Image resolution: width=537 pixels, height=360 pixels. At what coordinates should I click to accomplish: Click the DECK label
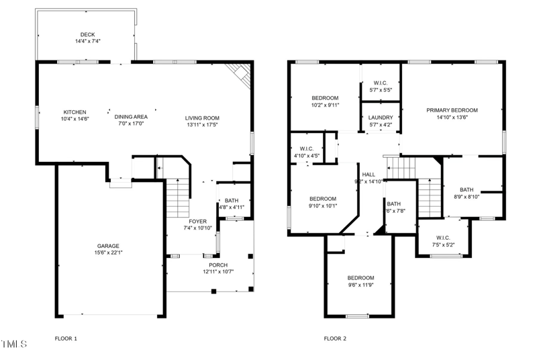pyautogui.click(x=88, y=34)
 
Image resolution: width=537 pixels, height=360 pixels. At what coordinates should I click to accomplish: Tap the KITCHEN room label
pyautogui.click(x=75, y=112)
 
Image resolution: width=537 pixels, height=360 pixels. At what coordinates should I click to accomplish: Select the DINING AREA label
pyautogui.click(x=131, y=116)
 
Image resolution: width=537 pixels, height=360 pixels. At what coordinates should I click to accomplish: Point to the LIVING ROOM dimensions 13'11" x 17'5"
pyautogui.click(x=202, y=124)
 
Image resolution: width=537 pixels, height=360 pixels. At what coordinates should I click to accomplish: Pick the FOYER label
pyautogui.click(x=197, y=221)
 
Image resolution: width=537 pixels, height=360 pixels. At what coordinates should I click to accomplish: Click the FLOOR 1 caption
pyautogui.click(x=66, y=339)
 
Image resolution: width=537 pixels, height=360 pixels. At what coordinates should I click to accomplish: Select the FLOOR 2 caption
pyautogui.click(x=335, y=339)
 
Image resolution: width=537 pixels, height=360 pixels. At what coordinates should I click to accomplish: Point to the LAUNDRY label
pyautogui.click(x=381, y=118)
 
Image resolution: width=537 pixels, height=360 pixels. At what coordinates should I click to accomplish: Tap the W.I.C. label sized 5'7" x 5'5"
pyautogui.click(x=381, y=89)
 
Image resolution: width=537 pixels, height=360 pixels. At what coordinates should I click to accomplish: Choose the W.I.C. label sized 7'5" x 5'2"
pyautogui.click(x=443, y=244)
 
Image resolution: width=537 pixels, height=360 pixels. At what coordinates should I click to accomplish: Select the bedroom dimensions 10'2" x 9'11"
pyautogui.click(x=325, y=105)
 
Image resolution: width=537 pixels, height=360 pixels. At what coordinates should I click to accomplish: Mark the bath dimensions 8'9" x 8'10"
pyautogui.click(x=467, y=197)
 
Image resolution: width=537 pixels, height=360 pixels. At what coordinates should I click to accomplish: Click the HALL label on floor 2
pyautogui.click(x=369, y=174)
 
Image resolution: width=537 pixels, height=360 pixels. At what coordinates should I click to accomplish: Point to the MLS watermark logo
pyautogui.click(x=14, y=345)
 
